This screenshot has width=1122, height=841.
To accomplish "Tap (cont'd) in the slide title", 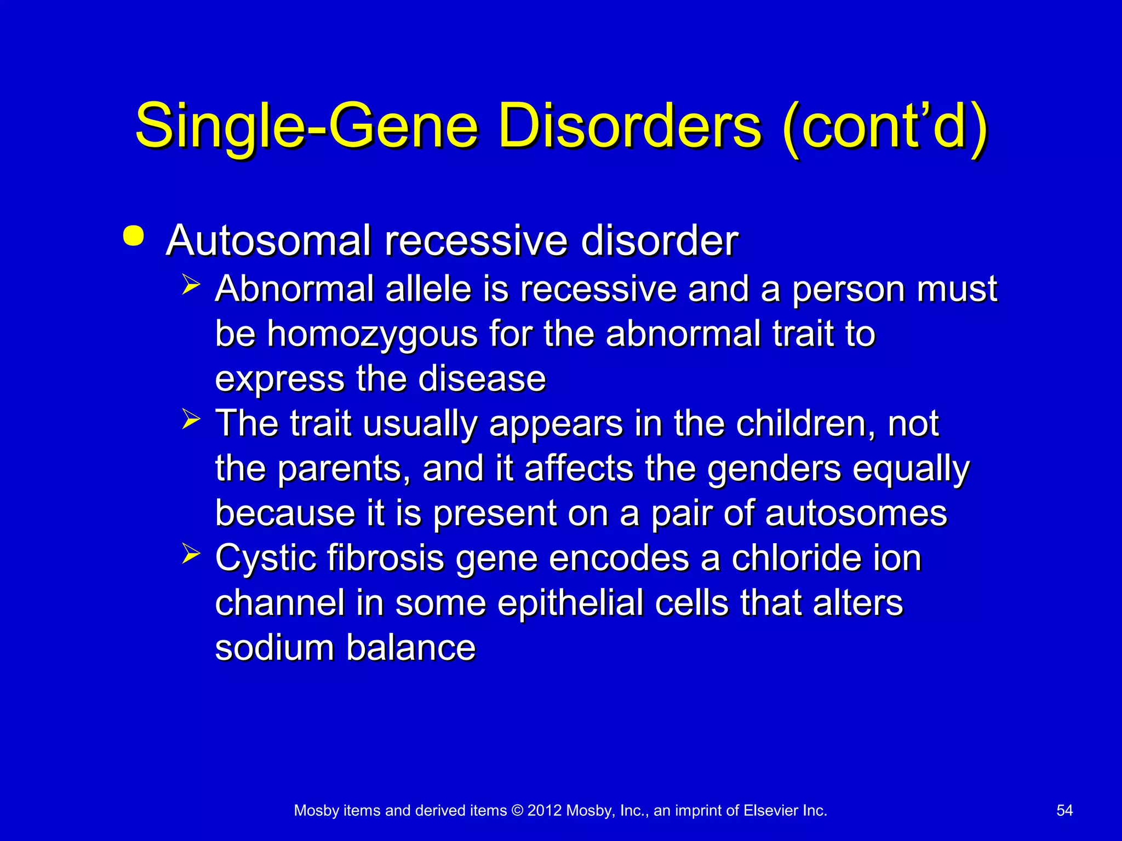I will click(x=884, y=127).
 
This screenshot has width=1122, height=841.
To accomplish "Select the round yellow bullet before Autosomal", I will click(x=134, y=237).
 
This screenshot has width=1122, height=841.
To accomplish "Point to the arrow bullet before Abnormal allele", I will click(x=191, y=285).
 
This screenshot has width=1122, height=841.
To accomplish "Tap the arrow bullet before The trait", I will click(x=191, y=420).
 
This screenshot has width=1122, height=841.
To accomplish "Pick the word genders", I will click(x=774, y=470).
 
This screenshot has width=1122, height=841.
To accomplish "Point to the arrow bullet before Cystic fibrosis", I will click(x=191, y=554).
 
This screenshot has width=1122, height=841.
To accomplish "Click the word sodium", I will click(x=274, y=648).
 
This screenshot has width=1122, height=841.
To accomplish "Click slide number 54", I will click(x=1064, y=811).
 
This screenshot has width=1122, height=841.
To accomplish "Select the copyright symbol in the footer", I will click(x=517, y=811).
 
